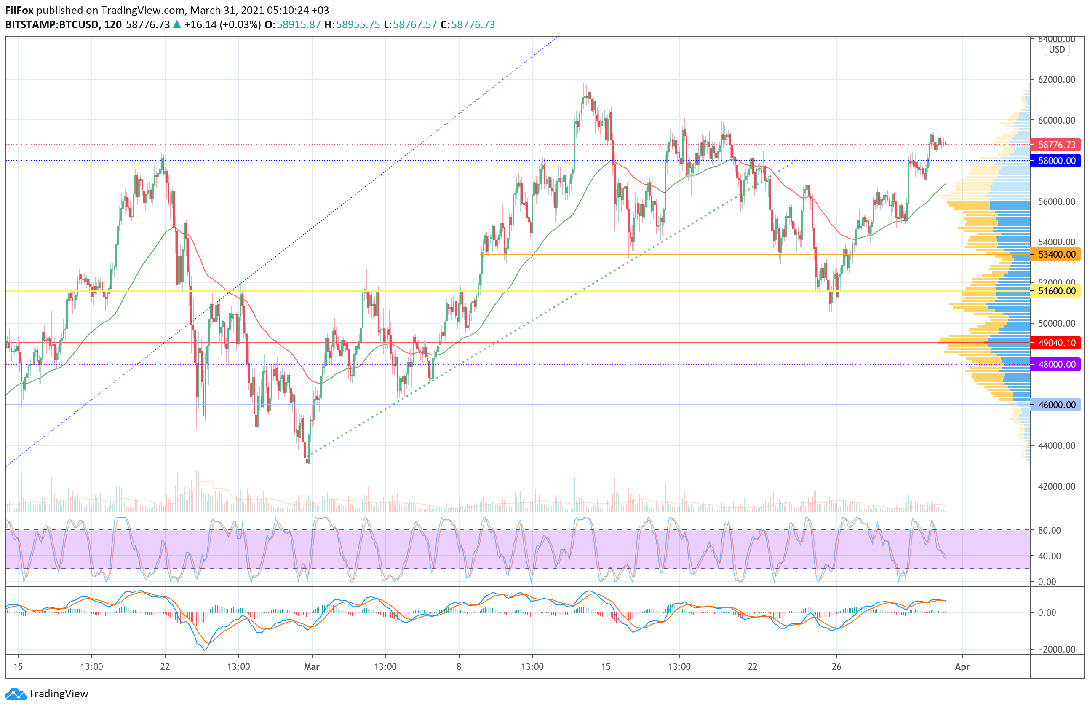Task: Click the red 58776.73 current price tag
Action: (x=1055, y=145)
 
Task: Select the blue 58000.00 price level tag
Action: (x=1055, y=161)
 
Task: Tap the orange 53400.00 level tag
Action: (x=1055, y=254)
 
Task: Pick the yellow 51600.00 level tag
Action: (x=1055, y=291)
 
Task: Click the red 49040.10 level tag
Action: (x=1055, y=343)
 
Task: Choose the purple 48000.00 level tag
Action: (x=1055, y=364)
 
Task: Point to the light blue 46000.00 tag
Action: (x=1055, y=405)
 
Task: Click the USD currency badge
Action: (x=1057, y=49)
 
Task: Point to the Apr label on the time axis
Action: (x=962, y=666)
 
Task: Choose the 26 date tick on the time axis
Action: (x=836, y=666)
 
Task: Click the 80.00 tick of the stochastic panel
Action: (x=1049, y=530)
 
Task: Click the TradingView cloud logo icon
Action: (x=16, y=694)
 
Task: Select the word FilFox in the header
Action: (x=19, y=10)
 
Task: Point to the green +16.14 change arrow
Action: (x=177, y=25)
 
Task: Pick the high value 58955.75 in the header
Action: (x=358, y=25)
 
